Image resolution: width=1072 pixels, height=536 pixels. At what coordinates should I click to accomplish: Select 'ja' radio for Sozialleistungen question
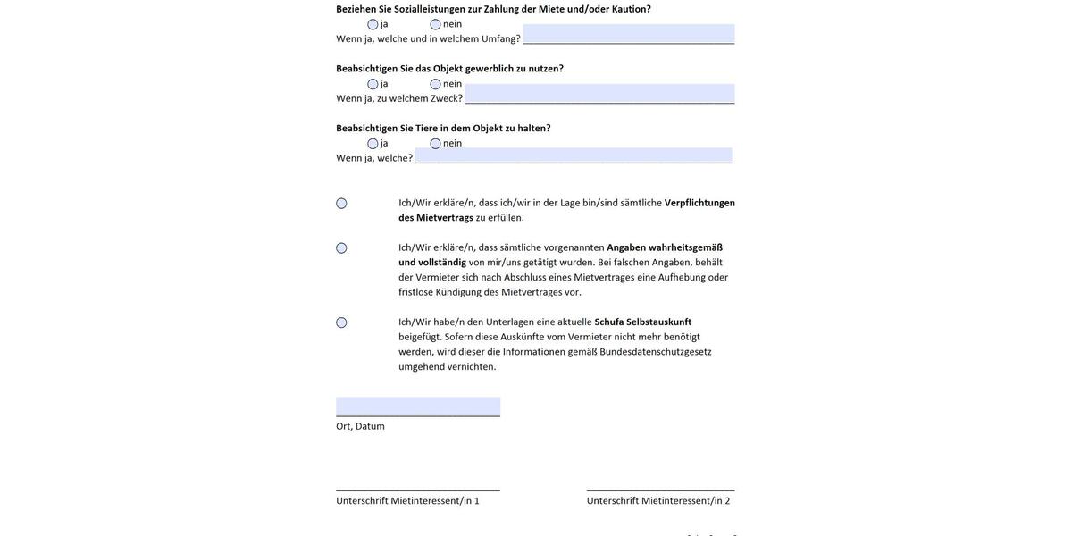[x=373, y=24]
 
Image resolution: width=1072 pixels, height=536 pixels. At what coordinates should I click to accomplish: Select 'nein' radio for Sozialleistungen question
[x=435, y=24]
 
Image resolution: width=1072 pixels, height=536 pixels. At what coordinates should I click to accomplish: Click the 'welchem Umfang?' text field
[x=628, y=34]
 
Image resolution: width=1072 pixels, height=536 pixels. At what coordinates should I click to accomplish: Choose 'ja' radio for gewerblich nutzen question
[x=373, y=84]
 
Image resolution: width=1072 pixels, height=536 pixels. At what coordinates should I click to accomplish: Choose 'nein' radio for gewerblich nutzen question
[x=435, y=84]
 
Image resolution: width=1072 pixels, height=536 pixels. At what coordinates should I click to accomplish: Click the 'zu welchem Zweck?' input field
[x=599, y=94]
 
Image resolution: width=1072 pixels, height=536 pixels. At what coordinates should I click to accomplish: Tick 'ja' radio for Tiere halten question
[x=373, y=144]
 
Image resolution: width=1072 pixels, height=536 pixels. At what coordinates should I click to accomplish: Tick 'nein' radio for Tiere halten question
[x=435, y=144]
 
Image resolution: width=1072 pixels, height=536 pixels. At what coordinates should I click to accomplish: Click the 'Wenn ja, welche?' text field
[x=573, y=155]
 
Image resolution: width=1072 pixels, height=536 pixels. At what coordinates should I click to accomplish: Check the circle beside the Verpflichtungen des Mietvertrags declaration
[x=341, y=204]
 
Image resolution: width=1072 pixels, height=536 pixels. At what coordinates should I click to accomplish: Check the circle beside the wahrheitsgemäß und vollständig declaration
[x=341, y=248]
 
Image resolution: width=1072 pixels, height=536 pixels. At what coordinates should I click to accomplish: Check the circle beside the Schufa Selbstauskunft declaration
[x=341, y=322]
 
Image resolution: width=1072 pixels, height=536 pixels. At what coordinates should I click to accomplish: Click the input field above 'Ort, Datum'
[x=418, y=406]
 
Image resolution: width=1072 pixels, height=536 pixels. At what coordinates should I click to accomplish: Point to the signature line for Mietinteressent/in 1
[x=418, y=489]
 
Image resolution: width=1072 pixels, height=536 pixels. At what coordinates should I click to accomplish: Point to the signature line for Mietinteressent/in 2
[x=660, y=489]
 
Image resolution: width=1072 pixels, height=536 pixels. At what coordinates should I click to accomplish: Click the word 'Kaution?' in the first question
[x=631, y=9]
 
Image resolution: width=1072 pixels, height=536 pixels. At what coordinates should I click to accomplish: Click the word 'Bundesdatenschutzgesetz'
[x=656, y=352]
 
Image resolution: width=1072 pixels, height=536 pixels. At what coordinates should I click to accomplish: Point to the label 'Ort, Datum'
[x=360, y=427]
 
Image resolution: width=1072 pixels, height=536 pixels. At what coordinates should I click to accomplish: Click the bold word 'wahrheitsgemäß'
[x=685, y=247]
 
